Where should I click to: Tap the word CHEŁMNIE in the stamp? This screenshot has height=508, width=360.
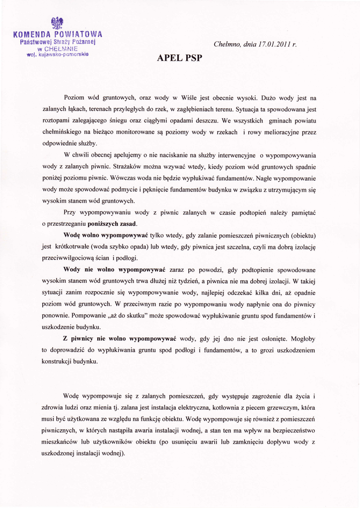point(61,49)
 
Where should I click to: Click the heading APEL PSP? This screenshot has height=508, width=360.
point(180,58)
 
